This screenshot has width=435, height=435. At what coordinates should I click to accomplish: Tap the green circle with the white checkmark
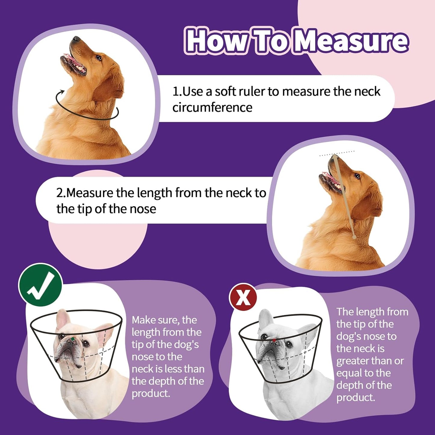(x=40, y=285)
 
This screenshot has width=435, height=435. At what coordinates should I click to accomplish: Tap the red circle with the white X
(x=243, y=297)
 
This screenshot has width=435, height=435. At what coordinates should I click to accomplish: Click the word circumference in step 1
(x=212, y=107)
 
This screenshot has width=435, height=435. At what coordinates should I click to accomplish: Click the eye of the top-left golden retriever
(x=99, y=57)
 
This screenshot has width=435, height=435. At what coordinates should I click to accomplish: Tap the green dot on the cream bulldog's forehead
(x=73, y=339)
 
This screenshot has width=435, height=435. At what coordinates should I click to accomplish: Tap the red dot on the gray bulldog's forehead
(x=274, y=340)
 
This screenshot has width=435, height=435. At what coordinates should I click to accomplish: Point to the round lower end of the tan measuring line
(x=354, y=237)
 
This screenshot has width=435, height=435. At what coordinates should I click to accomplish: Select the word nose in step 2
(x=143, y=209)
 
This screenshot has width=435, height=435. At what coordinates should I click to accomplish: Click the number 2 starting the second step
(x=59, y=193)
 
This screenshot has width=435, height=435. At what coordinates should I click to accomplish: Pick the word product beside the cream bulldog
(x=151, y=393)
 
